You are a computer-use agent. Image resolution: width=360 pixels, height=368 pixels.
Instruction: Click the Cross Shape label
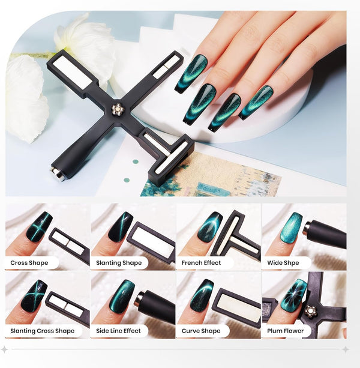[29, 262]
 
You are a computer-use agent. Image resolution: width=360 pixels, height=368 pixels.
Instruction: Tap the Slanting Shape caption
[119, 262]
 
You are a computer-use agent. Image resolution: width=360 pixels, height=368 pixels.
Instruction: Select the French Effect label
[201, 262]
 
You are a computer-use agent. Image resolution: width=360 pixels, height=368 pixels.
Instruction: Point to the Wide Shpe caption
[283, 262]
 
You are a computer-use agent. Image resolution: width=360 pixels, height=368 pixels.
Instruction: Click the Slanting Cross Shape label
[43, 331]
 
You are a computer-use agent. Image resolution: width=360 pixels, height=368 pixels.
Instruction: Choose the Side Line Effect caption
[118, 331]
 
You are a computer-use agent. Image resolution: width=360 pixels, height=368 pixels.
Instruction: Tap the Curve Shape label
[201, 331]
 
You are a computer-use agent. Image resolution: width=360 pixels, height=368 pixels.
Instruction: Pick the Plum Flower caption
[286, 331]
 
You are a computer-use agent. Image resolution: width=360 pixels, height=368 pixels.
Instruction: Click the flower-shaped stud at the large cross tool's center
[116, 108]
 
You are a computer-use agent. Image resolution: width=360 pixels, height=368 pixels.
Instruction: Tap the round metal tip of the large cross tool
[56, 173]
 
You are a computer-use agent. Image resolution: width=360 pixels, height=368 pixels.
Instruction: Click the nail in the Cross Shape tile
[39, 227]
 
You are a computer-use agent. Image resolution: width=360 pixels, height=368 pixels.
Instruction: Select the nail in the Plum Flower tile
[293, 295]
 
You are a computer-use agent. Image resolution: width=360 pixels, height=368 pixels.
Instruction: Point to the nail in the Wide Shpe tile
[293, 228]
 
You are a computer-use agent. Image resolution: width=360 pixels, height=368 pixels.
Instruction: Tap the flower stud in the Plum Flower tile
[311, 311]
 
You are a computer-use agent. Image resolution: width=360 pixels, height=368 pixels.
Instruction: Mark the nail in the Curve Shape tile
[202, 295]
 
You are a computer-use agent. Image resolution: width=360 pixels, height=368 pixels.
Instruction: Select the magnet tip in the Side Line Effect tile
[139, 300]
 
